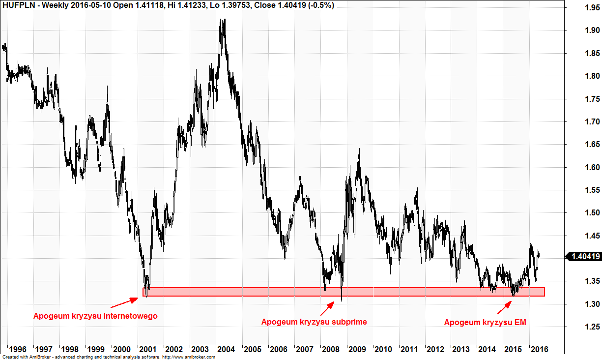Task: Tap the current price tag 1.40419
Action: click(x=584, y=256)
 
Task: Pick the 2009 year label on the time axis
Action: click(x=357, y=349)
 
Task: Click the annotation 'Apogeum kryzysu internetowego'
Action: click(x=95, y=316)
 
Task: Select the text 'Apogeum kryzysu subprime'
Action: click(x=314, y=322)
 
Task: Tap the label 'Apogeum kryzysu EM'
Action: click(x=485, y=323)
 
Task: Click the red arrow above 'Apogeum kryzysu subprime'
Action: click(x=327, y=308)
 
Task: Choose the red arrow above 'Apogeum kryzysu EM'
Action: click(x=504, y=308)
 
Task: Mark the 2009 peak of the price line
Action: click(x=359, y=149)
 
